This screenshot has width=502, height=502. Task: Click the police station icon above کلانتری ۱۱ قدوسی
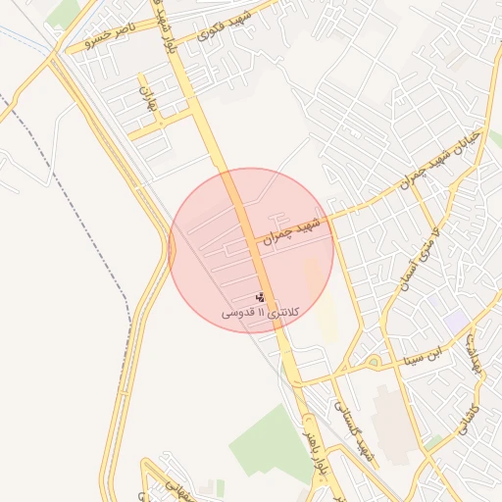[261, 296]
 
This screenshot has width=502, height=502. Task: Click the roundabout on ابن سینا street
[374, 363]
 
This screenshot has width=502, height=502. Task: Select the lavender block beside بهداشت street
[456, 321]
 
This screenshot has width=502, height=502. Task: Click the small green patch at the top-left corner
[65, 12]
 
